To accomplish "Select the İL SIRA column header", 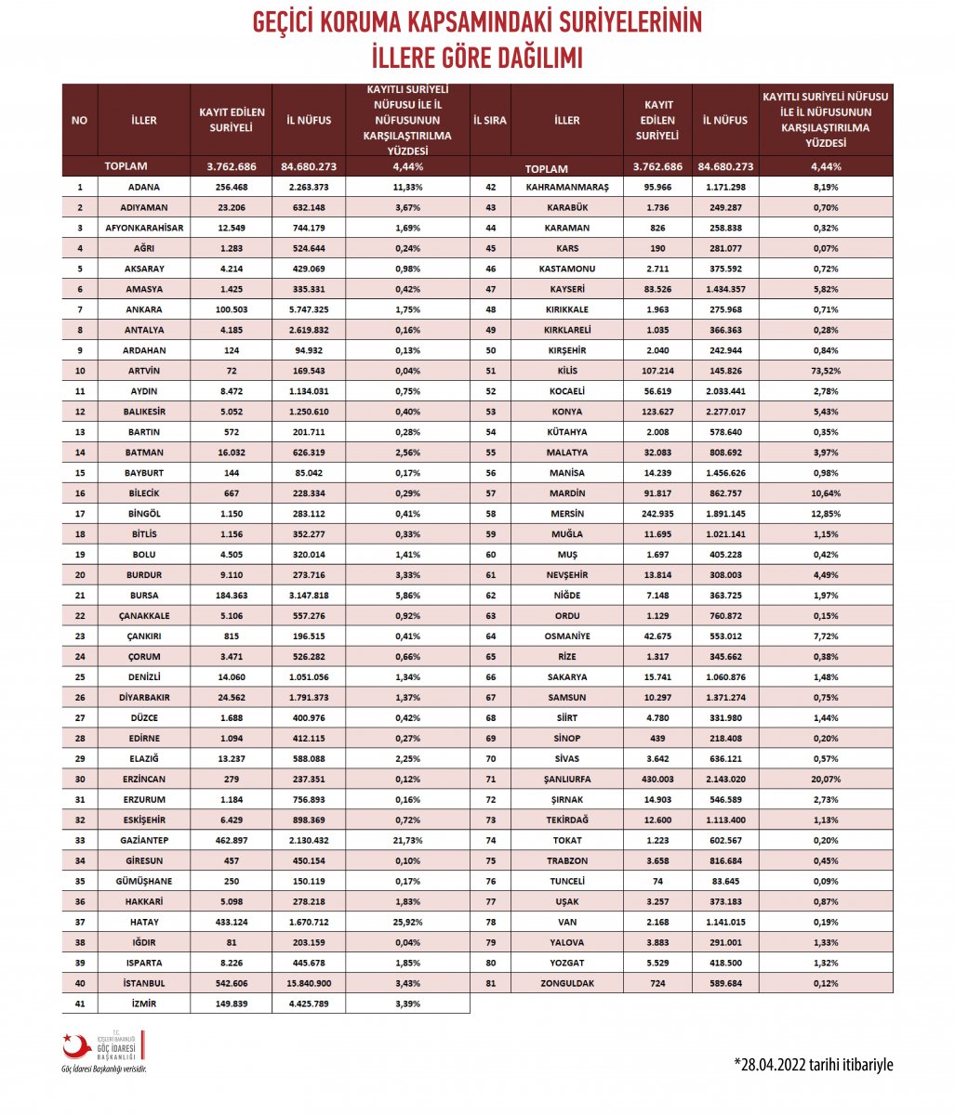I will tap(490, 120).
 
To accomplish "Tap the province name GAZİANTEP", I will tap(144, 840).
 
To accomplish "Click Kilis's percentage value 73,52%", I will tap(826, 371).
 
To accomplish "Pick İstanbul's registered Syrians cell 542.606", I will tap(232, 983).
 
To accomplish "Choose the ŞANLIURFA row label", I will tap(567, 779).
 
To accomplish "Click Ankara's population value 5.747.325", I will tap(309, 309).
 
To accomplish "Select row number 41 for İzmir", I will tap(80, 1003).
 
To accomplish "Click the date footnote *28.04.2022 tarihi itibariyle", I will tap(813, 1064).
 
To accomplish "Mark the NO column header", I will tap(79, 120).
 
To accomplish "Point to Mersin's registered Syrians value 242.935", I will tap(657, 514).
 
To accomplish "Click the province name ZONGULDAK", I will tap(567, 983).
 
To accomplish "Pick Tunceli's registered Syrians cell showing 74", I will tap(657, 881).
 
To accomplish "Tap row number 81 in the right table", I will tap(490, 983).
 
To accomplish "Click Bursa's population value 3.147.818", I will tap(309, 596).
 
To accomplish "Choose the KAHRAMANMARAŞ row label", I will tap(567, 187).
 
